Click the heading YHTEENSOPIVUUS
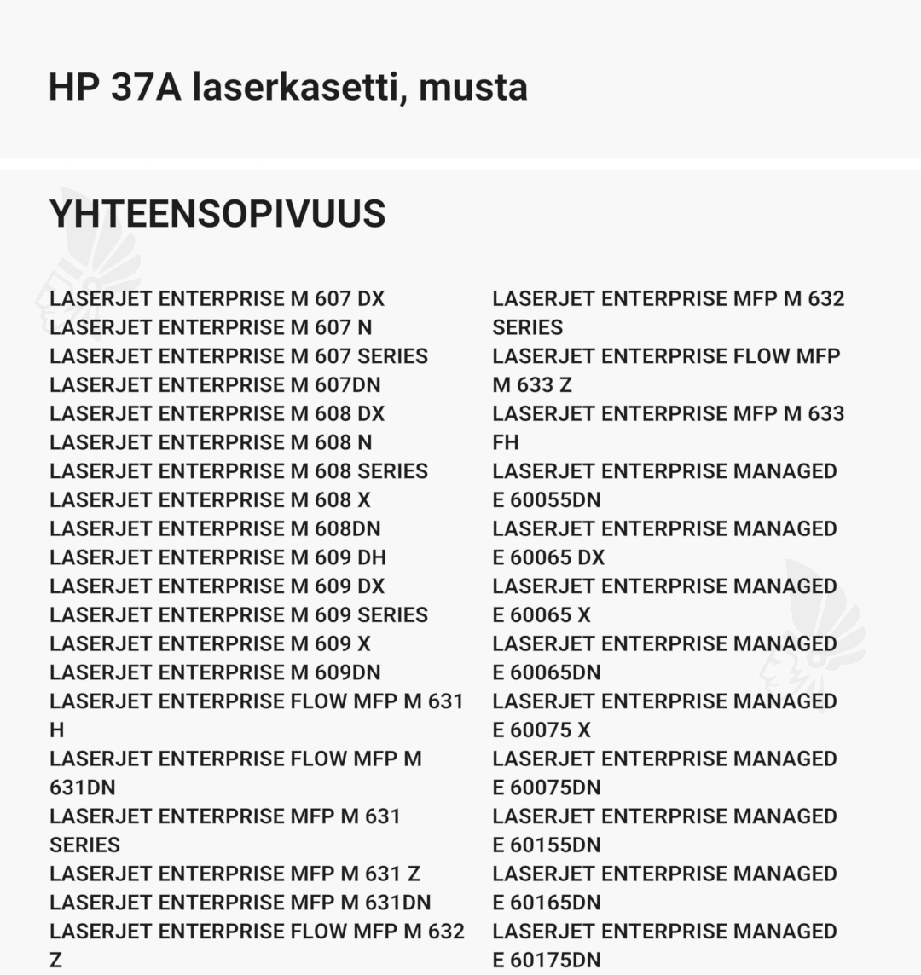click(217, 213)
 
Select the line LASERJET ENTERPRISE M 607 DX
click(217, 299)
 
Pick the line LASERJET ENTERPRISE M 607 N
click(211, 328)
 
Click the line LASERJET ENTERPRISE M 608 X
click(210, 500)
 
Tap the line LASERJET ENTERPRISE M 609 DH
click(217, 557)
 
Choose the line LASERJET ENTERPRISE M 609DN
click(215, 672)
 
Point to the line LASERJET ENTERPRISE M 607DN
click(215, 385)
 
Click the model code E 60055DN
click(547, 500)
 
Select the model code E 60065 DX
click(548, 557)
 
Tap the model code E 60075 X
click(542, 730)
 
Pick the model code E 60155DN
click(547, 845)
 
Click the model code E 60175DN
click(547, 961)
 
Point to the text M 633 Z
click(532, 385)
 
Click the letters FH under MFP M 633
click(506, 442)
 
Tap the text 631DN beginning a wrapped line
click(83, 787)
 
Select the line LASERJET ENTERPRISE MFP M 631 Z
click(235, 874)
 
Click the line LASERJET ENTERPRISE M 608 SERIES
click(239, 471)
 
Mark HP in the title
click(72, 87)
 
